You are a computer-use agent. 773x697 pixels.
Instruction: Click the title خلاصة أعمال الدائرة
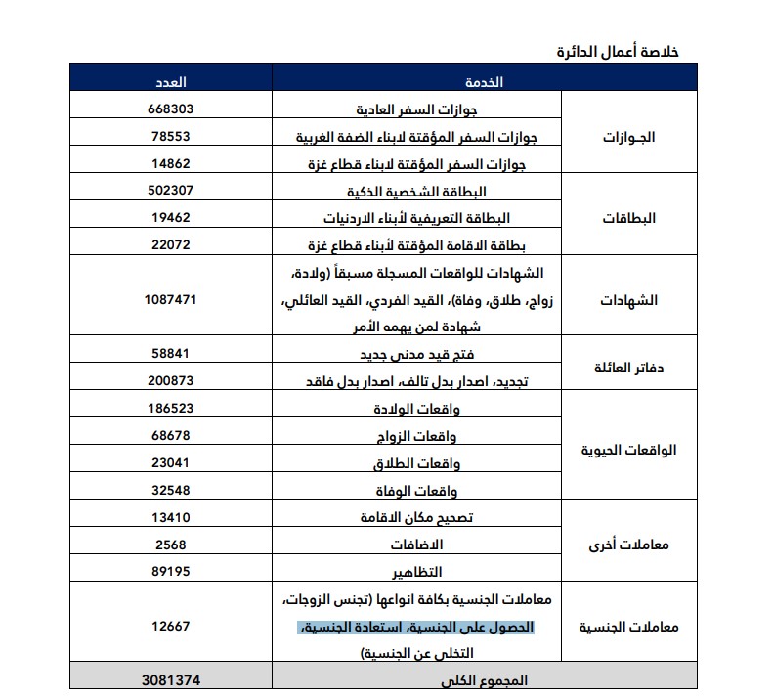pyautogui.click(x=617, y=51)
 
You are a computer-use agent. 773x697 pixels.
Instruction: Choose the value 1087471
pyautogui.click(x=171, y=299)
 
